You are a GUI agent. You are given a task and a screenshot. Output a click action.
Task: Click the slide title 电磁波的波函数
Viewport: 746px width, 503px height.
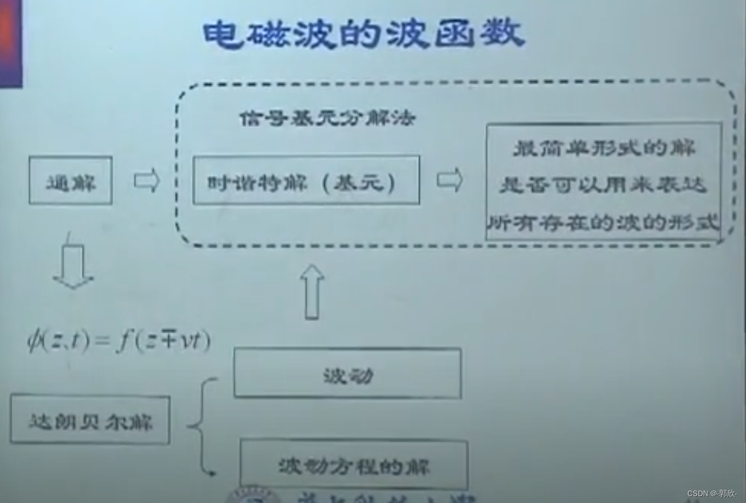pyautogui.click(x=364, y=34)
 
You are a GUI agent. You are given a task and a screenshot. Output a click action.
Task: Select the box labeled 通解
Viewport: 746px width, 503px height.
pyautogui.click(x=71, y=181)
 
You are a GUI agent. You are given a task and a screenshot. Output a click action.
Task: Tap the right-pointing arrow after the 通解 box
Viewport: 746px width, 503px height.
pyautogui.click(x=146, y=181)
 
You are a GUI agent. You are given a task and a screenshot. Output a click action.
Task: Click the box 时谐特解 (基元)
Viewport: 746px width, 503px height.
pyautogui.click(x=306, y=181)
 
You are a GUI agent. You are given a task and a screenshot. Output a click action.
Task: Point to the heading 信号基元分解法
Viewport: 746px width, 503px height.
pyautogui.click(x=327, y=119)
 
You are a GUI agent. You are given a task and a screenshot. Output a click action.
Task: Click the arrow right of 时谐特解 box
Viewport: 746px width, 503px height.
pyautogui.click(x=450, y=180)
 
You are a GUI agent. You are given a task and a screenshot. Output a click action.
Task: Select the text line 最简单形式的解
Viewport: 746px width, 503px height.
pyautogui.click(x=604, y=148)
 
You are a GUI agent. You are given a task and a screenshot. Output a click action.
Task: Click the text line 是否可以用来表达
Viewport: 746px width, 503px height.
pyautogui.click(x=603, y=185)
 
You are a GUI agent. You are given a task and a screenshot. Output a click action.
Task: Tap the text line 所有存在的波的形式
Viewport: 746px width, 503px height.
pyautogui.click(x=603, y=222)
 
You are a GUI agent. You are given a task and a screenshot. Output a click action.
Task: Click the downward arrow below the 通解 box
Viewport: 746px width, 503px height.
pyautogui.click(x=73, y=267)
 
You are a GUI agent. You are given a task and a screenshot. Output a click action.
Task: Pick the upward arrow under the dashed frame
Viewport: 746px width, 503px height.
pyautogui.click(x=312, y=291)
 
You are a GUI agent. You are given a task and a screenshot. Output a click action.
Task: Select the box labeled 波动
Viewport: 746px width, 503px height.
pyautogui.click(x=347, y=373)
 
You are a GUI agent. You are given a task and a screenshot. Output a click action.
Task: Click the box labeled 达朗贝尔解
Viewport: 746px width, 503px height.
pyautogui.click(x=90, y=420)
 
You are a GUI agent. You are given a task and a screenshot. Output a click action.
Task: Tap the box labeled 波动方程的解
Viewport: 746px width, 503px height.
pyautogui.click(x=354, y=465)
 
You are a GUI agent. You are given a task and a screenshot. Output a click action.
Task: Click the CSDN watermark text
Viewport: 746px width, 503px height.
pyautogui.click(x=711, y=493)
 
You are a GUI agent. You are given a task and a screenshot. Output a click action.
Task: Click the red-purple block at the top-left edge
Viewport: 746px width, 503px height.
pyautogui.click(x=10, y=43)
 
